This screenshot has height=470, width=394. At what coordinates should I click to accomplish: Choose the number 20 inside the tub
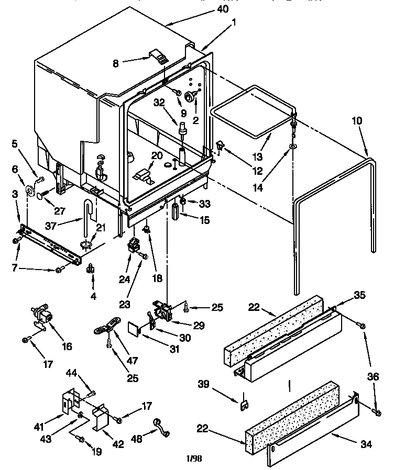(157, 155)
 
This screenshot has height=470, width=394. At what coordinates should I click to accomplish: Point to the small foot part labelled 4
(90, 270)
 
